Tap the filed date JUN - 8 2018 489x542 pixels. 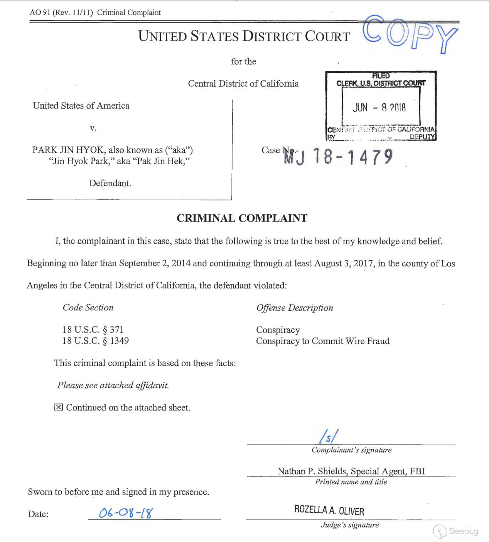tap(379, 108)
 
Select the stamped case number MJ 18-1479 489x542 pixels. tap(338, 157)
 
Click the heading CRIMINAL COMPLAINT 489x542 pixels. tap(242, 218)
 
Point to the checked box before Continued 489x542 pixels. tap(59, 407)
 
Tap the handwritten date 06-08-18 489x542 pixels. tap(126, 513)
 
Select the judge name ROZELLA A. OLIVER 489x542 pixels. tap(329, 510)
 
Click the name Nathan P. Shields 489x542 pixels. tap(307, 471)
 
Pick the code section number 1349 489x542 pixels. tap(119, 341)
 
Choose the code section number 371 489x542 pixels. tap(116, 330)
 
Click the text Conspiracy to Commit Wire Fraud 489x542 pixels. tap(323, 341)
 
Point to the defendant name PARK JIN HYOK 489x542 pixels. tap(68, 150)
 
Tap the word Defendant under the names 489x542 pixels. tap(110, 183)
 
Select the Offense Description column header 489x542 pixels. tap(295, 308)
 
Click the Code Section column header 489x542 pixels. tap(88, 308)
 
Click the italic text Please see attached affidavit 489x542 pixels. tap(113, 385)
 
